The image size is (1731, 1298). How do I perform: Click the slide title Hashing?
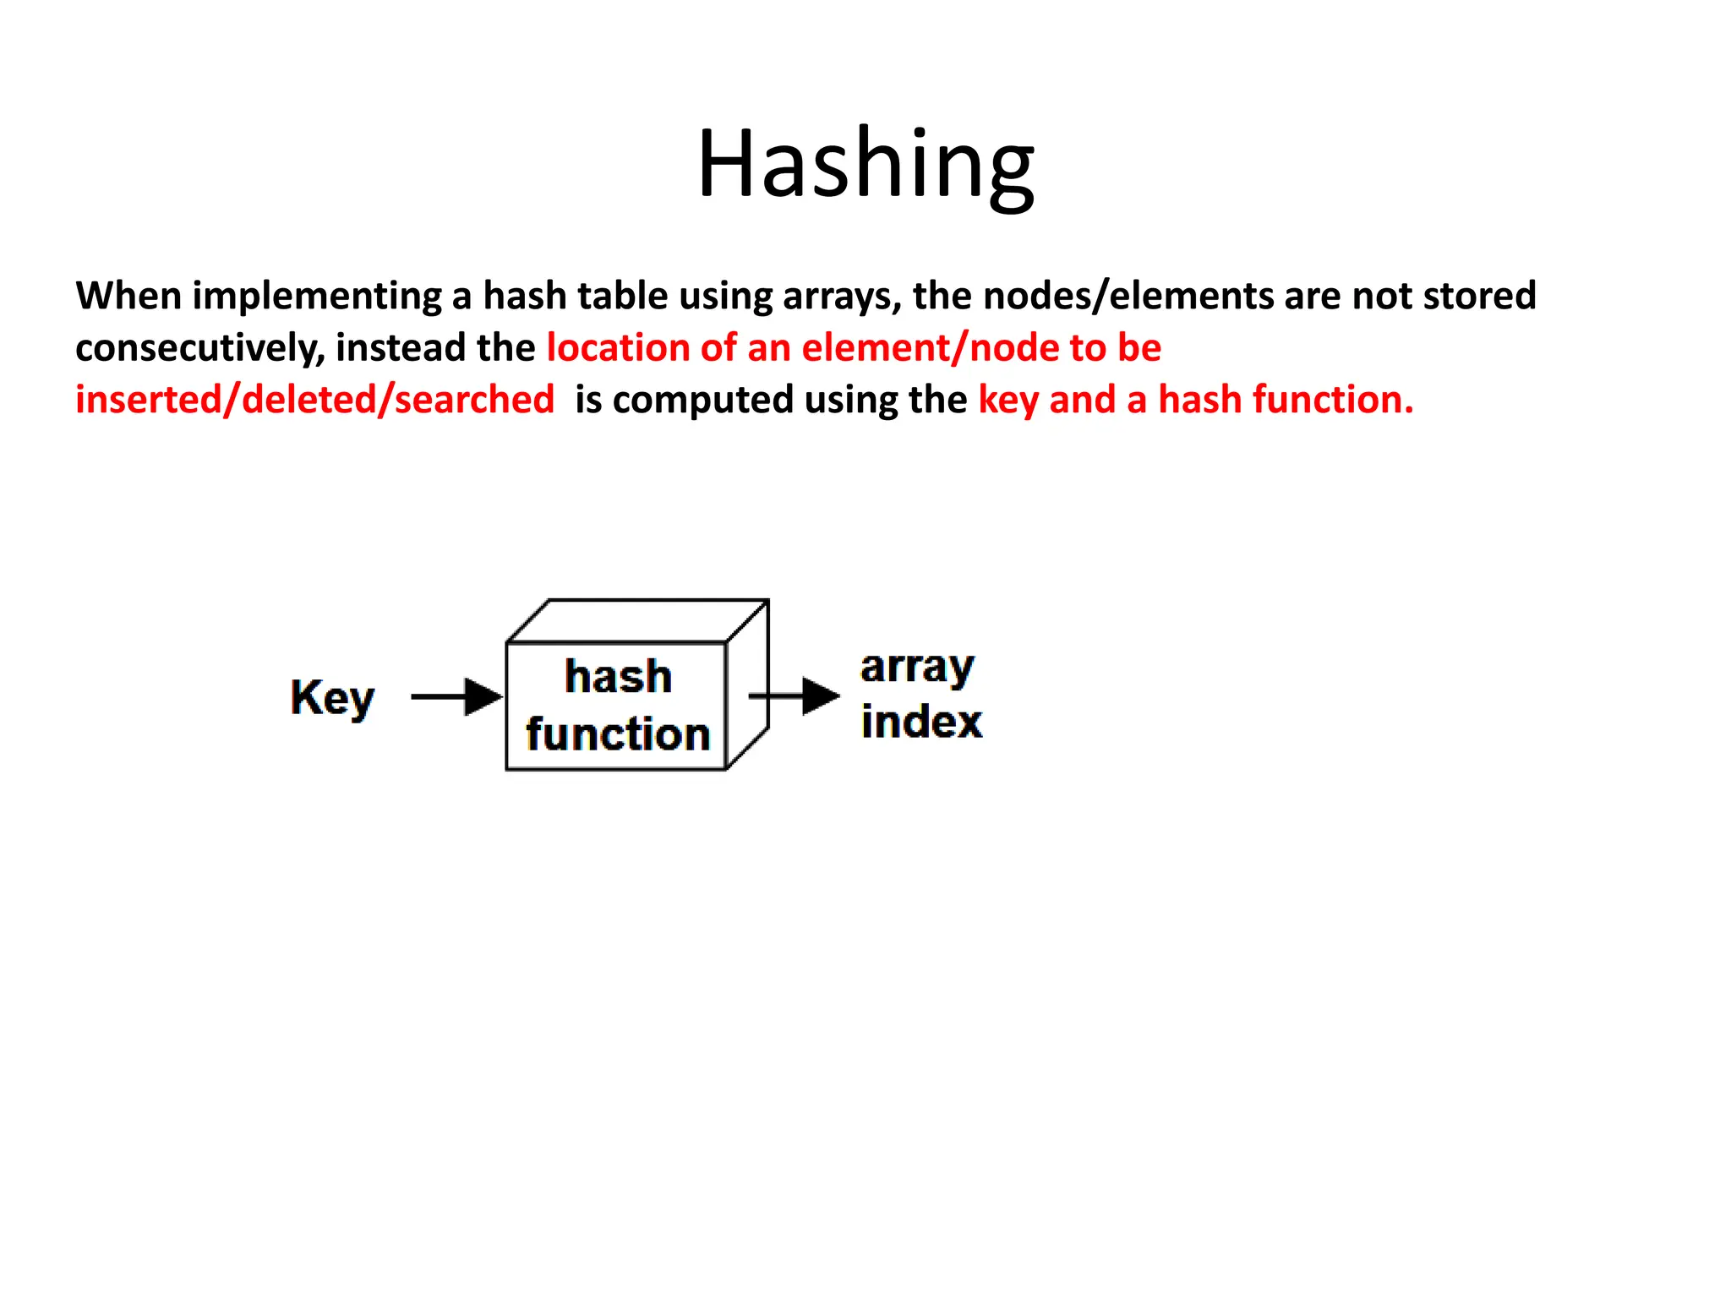click(x=865, y=164)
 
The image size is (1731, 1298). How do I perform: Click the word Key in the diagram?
click(x=332, y=698)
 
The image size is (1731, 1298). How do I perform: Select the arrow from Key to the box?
click(x=456, y=697)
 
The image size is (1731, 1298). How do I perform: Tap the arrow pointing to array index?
click(x=795, y=696)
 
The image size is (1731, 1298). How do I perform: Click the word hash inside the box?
click(x=618, y=677)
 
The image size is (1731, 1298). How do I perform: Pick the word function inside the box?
click(x=618, y=734)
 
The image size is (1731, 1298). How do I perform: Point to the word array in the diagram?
click(x=917, y=668)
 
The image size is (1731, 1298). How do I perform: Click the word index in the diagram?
click(x=921, y=723)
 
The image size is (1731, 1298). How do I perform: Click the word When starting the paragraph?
click(x=128, y=296)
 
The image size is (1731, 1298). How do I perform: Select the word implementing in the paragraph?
click(x=317, y=296)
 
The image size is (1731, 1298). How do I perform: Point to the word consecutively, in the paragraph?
click(x=199, y=348)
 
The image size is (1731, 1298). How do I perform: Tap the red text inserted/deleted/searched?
click(x=314, y=400)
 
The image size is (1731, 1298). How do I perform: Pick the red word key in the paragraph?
click(x=1007, y=400)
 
